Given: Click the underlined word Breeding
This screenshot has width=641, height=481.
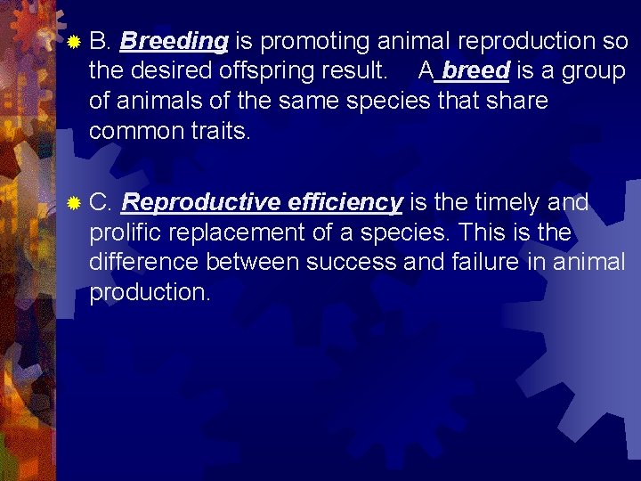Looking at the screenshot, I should coord(174,41).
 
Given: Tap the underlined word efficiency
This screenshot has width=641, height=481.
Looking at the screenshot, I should coord(345,203).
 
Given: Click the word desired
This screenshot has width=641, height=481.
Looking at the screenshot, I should coord(174,71).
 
